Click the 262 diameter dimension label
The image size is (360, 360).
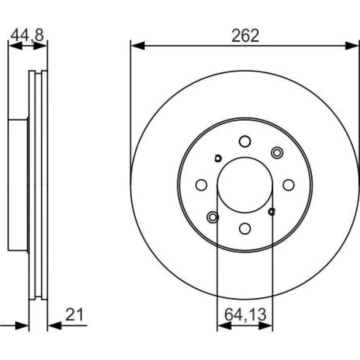(x=245, y=36)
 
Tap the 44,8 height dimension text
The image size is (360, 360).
(x=27, y=35)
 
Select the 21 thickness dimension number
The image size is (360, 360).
(x=74, y=315)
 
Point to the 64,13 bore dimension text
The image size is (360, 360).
(x=245, y=315)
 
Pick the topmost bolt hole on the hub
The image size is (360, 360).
(x=245, y=141)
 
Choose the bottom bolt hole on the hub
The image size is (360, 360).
(x=245, y=229)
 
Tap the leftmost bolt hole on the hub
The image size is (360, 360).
(x=201, y=185)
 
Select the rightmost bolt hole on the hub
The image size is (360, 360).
(x=289, y=185)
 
